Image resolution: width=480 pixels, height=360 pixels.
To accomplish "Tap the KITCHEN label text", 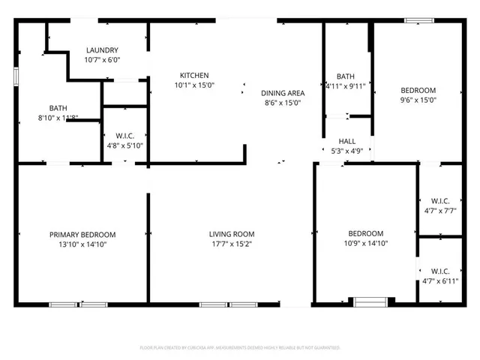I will coord(193,75).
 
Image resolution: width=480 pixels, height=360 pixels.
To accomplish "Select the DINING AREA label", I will coord(281,93).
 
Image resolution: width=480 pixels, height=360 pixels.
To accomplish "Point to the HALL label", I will coord(346,141).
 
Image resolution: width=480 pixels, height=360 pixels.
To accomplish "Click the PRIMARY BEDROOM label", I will coord(82,235).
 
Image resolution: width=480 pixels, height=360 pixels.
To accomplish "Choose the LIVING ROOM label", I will coord(231,235).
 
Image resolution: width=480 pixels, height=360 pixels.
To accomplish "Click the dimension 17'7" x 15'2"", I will coord(231,244).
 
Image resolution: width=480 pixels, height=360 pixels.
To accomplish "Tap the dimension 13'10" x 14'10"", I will coord(82,244).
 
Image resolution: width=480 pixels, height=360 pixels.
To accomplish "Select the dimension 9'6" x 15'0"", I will coord(418,99).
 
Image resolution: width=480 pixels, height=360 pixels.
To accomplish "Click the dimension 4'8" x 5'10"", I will coord(124,145).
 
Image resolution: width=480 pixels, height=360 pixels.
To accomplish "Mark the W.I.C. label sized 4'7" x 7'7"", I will coord(439,201).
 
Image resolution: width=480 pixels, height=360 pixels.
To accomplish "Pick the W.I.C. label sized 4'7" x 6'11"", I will coord(439,271).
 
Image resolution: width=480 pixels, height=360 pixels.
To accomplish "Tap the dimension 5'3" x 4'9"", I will coord(346,151).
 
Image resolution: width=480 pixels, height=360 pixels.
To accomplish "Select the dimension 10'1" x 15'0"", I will coord(193,85).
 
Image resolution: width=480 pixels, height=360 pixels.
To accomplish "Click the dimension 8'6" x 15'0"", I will coord(281,103).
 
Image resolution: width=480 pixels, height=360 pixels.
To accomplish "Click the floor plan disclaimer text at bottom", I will coord(240,347).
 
